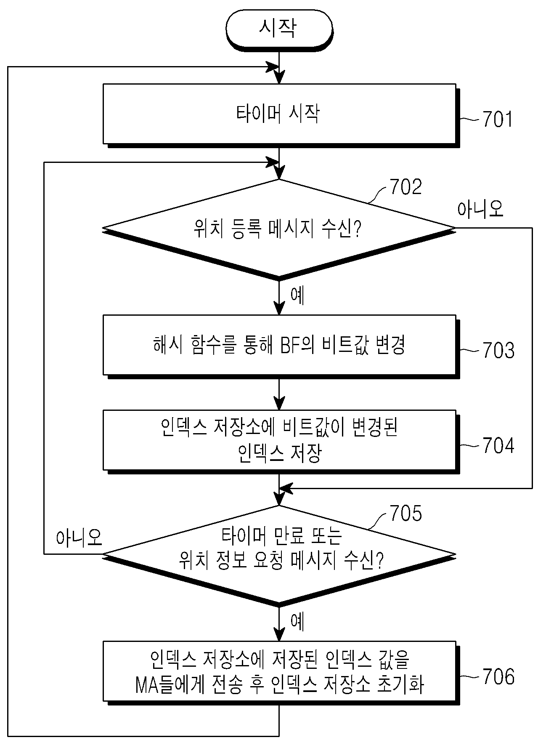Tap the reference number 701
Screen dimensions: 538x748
(498, 120)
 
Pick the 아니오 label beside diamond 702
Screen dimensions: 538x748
(480, 209)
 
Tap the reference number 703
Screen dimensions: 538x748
(498, 350)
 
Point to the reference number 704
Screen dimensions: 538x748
(498, 446)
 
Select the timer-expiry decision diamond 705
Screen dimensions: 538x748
(279, 554)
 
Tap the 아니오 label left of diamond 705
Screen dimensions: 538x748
(80, 537)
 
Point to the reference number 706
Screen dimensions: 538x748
(498, 676)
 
